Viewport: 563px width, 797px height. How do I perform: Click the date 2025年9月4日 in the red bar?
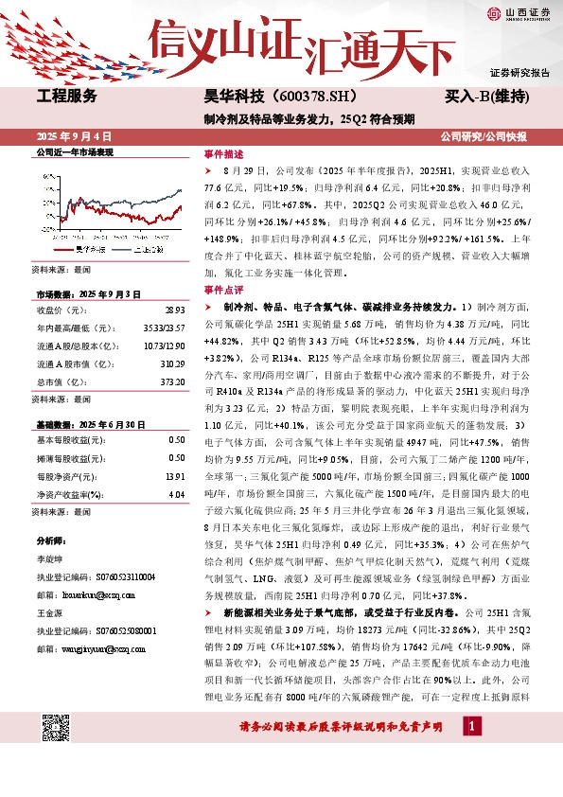pyautogui.click(x=74, y=136)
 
